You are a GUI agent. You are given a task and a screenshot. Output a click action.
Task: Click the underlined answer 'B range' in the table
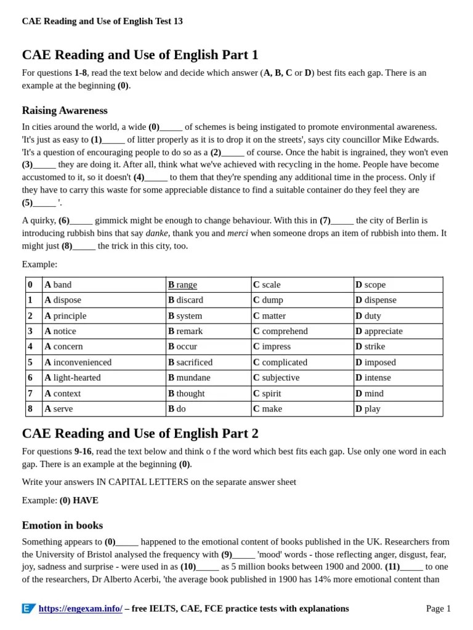point(183,285)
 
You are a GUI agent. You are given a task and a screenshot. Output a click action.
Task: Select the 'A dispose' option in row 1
point(63,300)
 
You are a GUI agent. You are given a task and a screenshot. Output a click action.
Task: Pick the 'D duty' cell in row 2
point(368,316)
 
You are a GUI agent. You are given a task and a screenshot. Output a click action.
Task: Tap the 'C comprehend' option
point(280,331)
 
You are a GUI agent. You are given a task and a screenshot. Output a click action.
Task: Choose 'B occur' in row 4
point(183,346)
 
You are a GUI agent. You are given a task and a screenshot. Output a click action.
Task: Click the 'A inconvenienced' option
point(78,362)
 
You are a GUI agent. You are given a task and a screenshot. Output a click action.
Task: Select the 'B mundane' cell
point(189,378)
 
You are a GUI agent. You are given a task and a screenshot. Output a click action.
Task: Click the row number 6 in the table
point(30,378)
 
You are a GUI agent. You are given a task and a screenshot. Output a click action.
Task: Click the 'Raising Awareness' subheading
point(65,111)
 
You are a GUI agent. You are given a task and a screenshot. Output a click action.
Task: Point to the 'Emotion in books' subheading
point(62,525)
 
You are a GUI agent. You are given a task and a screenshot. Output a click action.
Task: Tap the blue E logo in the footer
point(28,608)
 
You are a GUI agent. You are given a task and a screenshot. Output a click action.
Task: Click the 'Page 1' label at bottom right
point(438,608)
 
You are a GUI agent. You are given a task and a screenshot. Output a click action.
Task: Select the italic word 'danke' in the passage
point(157,233)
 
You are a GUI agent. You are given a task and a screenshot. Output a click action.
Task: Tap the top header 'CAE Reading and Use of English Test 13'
point(102,22)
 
